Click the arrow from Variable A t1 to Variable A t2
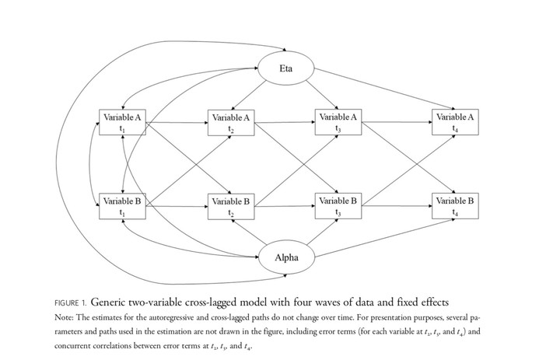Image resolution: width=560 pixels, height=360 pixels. tap(177, 123)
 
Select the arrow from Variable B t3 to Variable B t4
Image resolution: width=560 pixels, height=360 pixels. tap(397, 206)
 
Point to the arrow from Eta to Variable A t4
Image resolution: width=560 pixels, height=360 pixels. tap(385, 89)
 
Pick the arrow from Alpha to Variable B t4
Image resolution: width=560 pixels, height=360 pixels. tap(385, 238)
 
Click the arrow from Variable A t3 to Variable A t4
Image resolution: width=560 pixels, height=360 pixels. tap(397, 122)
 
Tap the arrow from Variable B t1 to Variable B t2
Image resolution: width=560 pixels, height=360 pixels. tap(177, 206)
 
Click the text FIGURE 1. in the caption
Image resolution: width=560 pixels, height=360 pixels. tap(70, 303)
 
